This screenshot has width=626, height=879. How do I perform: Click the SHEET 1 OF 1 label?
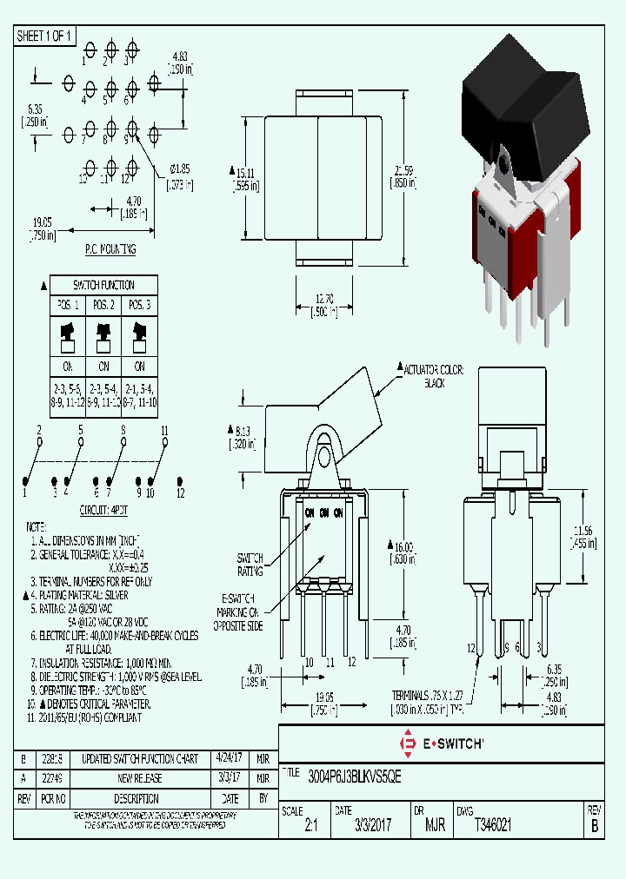45,36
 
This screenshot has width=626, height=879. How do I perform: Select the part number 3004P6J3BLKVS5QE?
343,772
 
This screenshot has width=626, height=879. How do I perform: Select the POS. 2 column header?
103,305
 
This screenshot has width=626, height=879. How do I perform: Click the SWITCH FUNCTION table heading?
103,285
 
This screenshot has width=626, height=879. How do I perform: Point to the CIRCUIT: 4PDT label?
103,510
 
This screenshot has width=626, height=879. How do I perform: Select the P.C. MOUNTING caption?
110,249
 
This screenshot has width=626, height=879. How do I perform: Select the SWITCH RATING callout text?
250,565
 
